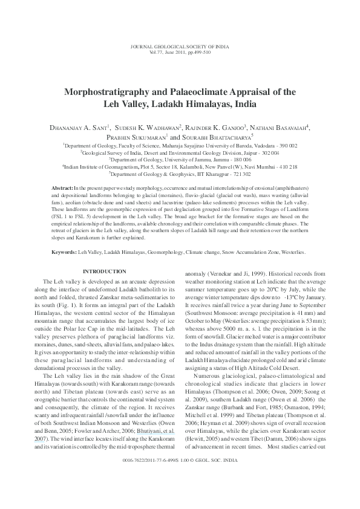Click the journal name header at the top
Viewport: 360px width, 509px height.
[180, 47]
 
